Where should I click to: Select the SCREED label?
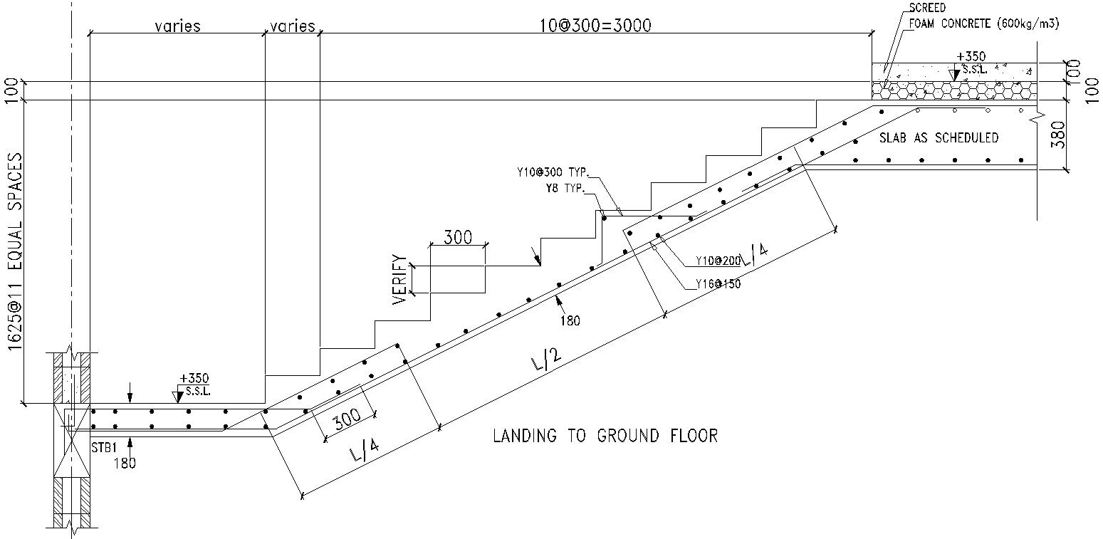[926, 9]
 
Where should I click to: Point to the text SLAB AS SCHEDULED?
[939, 138]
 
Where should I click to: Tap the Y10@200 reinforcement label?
[718, 261]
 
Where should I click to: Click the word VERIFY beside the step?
[399, 280]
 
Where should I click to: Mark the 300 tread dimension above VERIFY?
[457, 237]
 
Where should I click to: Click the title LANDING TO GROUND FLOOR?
[605, 436]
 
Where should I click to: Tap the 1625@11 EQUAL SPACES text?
[14, 253]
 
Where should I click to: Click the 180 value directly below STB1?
[125, 464]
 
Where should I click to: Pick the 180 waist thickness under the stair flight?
[570, 320]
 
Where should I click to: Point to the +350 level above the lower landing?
[194, 378]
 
